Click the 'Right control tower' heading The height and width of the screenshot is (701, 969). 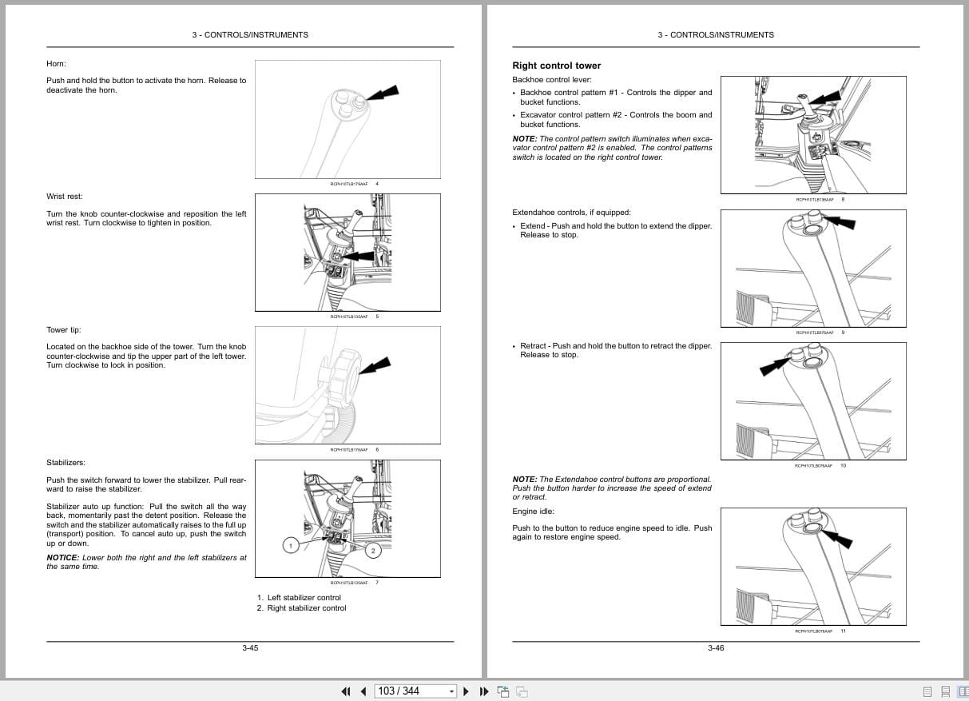point(556,66)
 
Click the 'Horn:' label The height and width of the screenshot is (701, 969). point(56,63)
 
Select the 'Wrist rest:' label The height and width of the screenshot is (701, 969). point(64,197)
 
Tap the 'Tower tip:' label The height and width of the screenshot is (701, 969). point(63,330)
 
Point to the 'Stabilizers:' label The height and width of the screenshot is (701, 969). point(66,463)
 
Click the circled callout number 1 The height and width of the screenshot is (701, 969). point(292,545)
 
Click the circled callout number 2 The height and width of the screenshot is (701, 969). point(373,551)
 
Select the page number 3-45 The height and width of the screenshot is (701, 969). point(250,648)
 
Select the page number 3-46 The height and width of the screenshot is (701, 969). point(716,648)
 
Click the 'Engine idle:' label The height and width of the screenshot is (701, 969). point(533,512)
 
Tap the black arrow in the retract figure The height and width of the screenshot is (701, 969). point(774,366)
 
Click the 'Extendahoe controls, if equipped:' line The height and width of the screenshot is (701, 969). point(571,213)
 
